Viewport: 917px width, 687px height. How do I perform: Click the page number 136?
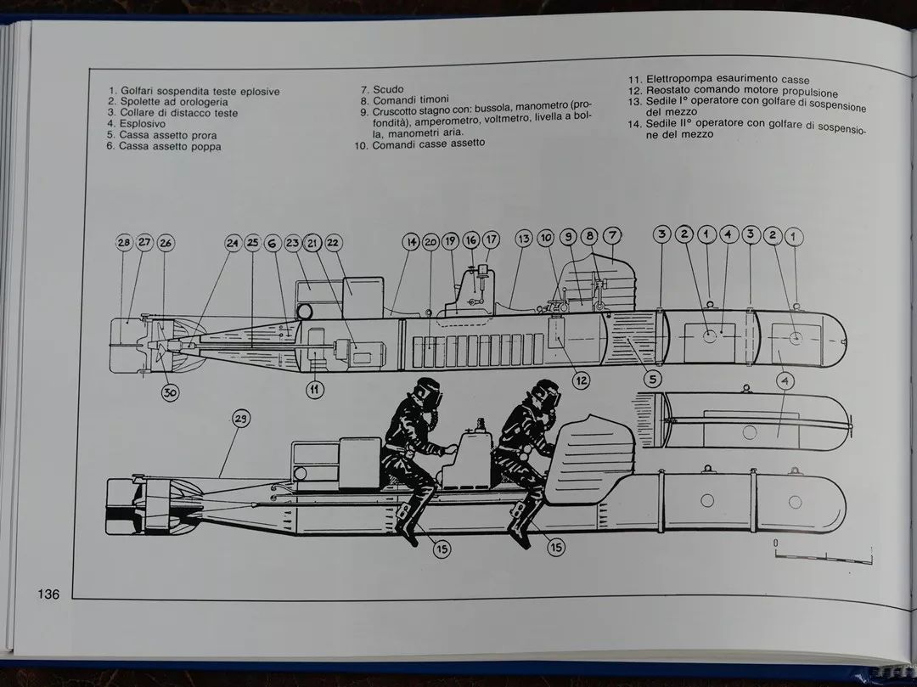48,594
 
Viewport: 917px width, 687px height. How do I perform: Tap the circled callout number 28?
124,243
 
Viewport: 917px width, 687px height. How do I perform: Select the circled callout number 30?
170,392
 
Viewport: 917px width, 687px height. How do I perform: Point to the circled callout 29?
241,419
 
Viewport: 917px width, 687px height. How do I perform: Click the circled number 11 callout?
315,389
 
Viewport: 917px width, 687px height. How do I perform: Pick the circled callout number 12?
581,381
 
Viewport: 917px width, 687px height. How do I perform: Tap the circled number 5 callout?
653,379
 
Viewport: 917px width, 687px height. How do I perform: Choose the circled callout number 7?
611,235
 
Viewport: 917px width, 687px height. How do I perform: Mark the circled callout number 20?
430,241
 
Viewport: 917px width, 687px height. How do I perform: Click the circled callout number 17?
492,239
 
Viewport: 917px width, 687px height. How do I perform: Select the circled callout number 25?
253,243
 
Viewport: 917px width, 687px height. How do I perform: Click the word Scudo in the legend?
388,89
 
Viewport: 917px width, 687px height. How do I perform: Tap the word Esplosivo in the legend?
142,123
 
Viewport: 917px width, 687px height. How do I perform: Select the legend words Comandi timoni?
411,99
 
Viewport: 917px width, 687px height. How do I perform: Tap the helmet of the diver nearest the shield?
546,394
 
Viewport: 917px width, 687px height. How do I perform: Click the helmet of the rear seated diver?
427,392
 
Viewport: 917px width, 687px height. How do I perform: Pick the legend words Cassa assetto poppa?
170,146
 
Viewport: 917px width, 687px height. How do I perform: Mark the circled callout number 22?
333,242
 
